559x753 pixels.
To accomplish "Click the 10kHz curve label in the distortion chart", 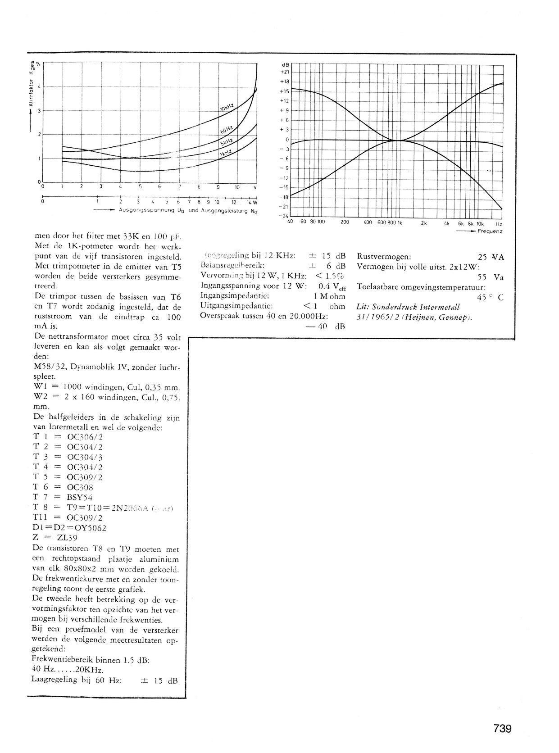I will click(227, 107).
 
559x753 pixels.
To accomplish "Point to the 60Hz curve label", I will click(226, 131).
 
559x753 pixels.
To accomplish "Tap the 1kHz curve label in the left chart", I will click(225, 153).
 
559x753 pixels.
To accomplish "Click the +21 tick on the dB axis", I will click(284, 72).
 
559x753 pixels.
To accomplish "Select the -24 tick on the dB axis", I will click(284, 216).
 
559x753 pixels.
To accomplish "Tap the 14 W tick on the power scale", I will click(252, 202).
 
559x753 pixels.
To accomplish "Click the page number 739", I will click(502, 729).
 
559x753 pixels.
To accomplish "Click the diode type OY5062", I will click(83, 527).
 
